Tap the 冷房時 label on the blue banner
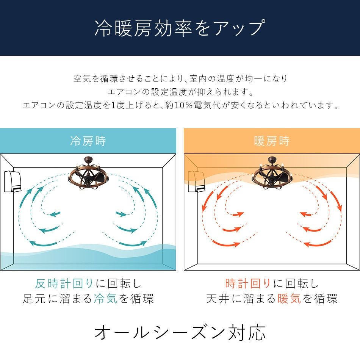(88, 141)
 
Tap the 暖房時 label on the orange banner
(272, 141)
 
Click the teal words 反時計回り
(64, 283)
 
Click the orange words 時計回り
(248, 283)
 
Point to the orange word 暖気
(289, 299)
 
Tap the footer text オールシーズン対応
(180, 332)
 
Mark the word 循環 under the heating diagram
(325, 299)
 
